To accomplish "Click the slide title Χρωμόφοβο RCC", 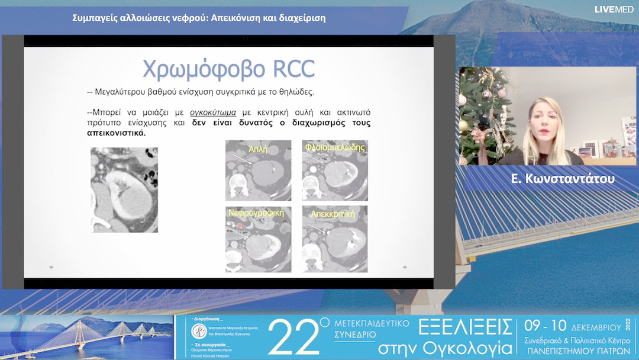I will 228,69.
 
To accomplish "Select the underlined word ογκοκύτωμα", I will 213,112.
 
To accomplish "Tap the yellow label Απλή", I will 258,150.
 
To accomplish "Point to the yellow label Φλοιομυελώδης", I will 334,147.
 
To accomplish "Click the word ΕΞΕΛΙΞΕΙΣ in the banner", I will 464,327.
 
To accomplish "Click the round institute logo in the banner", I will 198,330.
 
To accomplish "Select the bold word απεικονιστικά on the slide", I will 116,133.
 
